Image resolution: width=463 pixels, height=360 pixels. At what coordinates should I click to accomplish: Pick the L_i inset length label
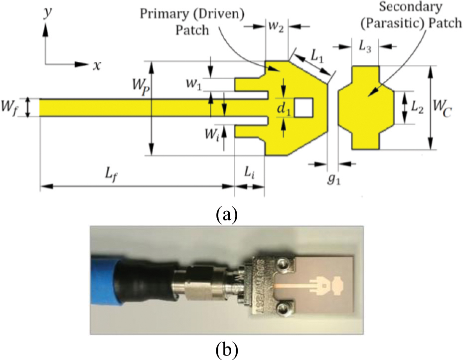[x=249, y=173]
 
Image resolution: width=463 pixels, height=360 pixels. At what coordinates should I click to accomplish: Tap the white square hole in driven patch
[x=304, y=108]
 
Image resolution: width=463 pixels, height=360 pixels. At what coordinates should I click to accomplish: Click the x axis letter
[x=93, y=65]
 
